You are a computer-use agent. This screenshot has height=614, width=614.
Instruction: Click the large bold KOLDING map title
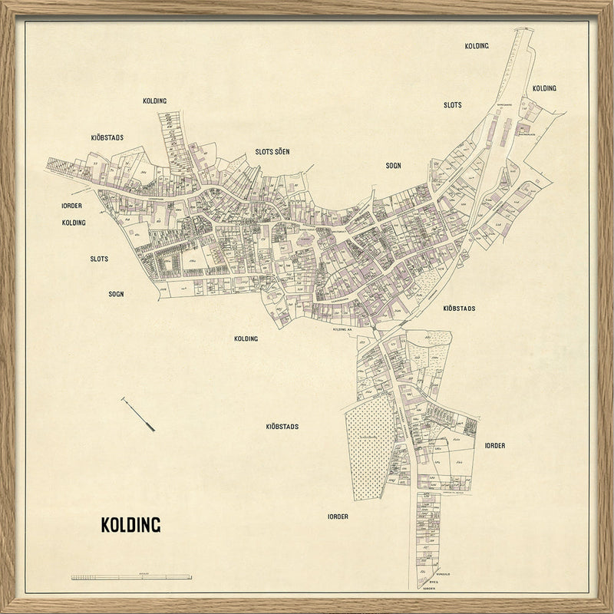pos(130,526)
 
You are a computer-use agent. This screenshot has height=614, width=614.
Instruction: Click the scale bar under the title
pos(131,576)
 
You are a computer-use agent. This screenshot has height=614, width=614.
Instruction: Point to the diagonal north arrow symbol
pos(138,414)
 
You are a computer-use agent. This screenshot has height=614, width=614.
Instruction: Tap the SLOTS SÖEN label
pos(273,153)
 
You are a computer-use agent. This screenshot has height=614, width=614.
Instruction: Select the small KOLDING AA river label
pos(342,329)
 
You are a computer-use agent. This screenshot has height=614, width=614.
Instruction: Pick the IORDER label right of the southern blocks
pos(494,445)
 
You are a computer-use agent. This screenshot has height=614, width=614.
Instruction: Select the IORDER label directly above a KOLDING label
pos(72,206)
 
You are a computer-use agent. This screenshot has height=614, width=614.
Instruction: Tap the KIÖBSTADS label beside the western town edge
pos(107,137)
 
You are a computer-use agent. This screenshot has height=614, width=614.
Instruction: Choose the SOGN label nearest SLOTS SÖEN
pos(394,165)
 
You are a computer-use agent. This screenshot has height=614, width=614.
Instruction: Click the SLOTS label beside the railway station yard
pos(452,104)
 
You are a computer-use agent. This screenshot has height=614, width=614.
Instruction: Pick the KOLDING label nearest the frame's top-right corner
pos(544,88)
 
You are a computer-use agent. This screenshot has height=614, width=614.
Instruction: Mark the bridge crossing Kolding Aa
pos(373,328)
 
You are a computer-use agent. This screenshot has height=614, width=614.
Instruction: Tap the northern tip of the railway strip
pos(525,31)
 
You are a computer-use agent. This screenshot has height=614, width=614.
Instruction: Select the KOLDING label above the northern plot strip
pos(154,101)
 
